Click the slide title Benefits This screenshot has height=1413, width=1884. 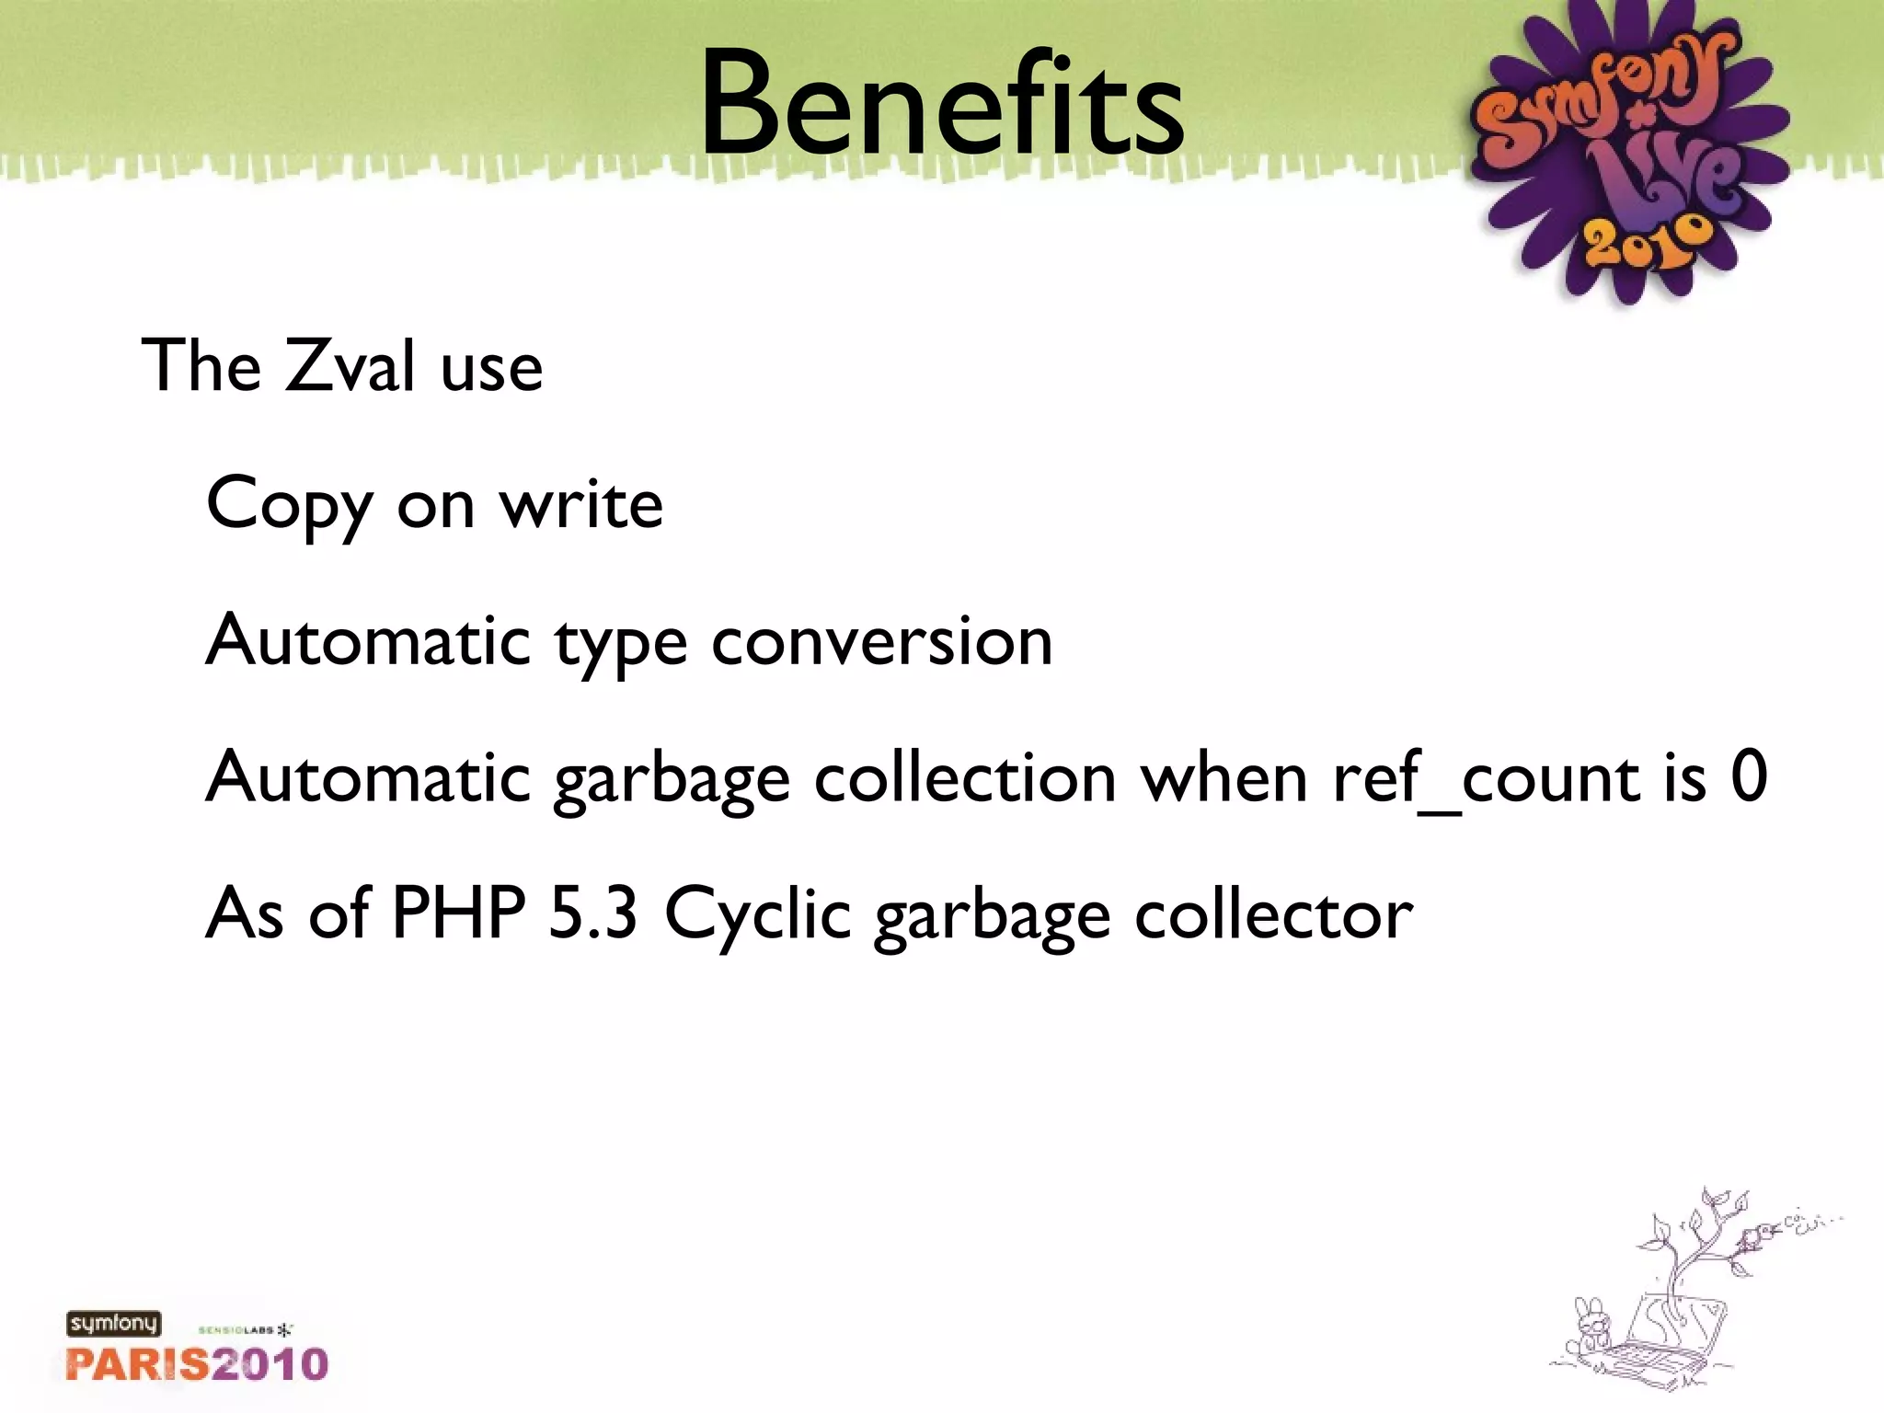941,103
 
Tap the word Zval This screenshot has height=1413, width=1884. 350,365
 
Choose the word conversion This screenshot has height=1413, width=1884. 881,641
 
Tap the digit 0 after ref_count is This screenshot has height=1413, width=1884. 1748,776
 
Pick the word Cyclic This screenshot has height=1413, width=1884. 757,914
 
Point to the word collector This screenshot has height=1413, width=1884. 1273,914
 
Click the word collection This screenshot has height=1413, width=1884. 965,778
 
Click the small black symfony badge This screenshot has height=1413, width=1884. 113,1324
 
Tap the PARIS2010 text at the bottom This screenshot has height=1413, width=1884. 197,1364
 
